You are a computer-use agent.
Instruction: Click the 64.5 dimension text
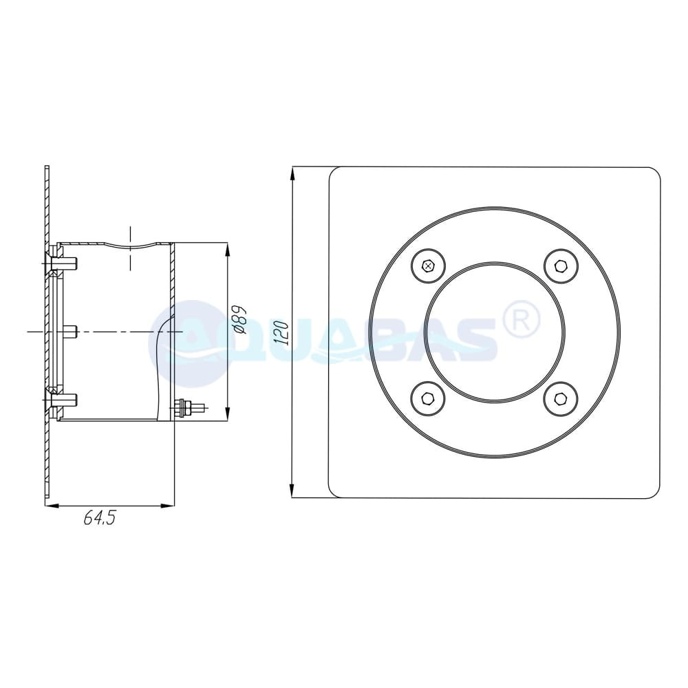click(100, 518)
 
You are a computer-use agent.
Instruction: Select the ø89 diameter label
click(239, 320)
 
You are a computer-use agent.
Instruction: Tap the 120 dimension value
click(281, 333)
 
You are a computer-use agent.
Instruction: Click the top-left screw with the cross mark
click(428, 266)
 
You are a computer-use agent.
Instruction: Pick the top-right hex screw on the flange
click(561, 266)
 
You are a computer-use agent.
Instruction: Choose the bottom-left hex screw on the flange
click(428, 399)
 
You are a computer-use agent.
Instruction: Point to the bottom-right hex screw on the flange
click(561, 399)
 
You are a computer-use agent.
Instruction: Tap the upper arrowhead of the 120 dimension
click(292, 174)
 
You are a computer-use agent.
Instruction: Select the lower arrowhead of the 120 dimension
click(292, 491)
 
